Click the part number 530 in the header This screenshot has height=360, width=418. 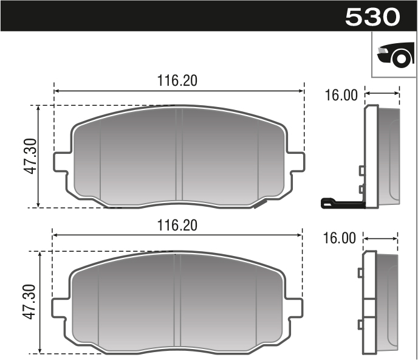tap(372, 16)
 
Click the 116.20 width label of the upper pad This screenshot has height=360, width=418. tap(178, 81)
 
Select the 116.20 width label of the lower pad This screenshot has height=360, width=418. tap(178, 225)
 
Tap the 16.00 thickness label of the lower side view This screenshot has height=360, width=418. tap(340, 238)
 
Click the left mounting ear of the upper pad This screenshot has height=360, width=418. tap(61, 162)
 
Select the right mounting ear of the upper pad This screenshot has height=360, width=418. tap(296, 162)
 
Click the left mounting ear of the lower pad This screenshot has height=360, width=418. tap(60, 307)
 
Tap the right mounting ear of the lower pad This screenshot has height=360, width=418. tap(294, 307)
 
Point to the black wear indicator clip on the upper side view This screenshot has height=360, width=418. tap(340, 203)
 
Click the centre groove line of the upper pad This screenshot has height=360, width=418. tap(179, 155)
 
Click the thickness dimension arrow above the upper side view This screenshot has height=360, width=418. tap(382, 94)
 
